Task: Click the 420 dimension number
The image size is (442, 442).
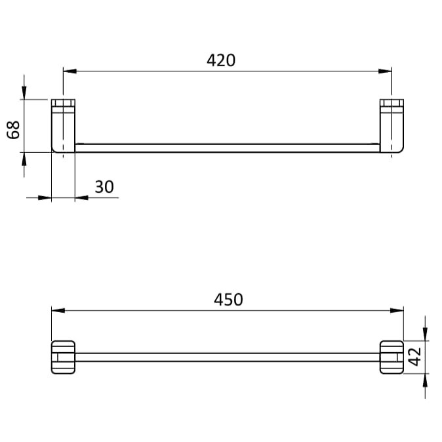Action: point(221,60)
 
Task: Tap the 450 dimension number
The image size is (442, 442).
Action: point(228,299)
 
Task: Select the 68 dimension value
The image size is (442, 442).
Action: point(13,130)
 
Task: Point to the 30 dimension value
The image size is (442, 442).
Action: point(104,187)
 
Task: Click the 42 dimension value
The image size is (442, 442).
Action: point(414,357)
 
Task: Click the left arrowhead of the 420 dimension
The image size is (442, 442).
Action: point(70,71)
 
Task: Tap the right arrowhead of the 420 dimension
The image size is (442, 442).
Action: point(385,71)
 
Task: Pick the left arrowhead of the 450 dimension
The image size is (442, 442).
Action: point(58,310)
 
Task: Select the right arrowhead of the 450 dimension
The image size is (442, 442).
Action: point(397,310)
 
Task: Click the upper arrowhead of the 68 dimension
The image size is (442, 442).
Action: point(24,92)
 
